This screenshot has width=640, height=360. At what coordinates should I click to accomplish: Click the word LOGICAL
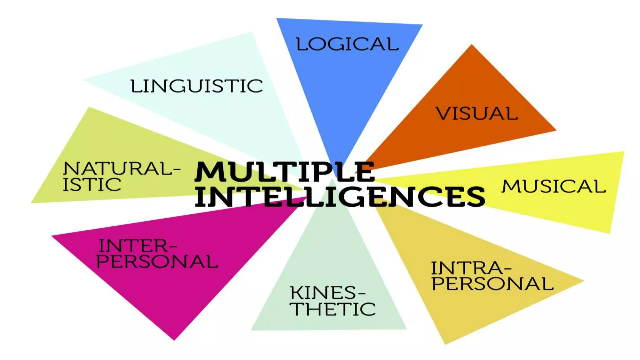347,44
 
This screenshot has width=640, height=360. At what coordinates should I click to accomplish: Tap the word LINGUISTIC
197,86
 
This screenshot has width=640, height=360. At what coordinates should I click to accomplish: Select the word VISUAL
477,113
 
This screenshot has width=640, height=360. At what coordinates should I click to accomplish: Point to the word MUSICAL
553,186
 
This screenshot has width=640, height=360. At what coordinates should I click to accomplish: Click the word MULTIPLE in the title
284,172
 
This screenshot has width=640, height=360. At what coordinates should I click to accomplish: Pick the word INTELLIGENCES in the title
340,196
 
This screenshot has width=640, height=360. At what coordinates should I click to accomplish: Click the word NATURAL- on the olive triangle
122,168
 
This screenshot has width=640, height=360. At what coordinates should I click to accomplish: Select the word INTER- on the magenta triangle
137,246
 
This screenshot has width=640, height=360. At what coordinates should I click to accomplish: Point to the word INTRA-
471,268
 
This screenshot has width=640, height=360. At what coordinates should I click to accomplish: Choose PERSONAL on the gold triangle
492,283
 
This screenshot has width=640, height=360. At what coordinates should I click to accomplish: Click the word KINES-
327,293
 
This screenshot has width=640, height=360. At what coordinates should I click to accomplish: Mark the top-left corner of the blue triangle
277,19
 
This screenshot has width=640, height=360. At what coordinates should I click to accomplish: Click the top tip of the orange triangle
472,45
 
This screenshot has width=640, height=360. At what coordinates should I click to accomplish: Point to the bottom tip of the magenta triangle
174,339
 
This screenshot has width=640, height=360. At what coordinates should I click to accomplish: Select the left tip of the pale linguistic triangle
84,80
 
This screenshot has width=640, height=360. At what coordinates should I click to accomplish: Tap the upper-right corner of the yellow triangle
623,152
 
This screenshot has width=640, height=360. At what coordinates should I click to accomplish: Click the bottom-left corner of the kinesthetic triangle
252,329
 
